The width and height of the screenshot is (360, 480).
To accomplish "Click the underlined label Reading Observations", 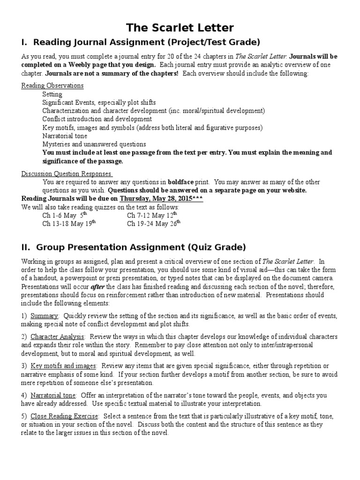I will coord(52,86).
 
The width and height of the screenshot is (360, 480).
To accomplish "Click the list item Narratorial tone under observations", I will coord(64,136).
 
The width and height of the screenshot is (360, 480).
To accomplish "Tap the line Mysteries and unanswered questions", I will coord(94,144).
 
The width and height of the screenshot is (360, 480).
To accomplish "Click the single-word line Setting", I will coord(52,94).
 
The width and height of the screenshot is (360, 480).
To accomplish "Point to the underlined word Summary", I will coord(45,316).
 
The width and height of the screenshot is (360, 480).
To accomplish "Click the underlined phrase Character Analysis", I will coord(58,337).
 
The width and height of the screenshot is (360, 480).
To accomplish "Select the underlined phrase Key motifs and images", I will coord(63,366).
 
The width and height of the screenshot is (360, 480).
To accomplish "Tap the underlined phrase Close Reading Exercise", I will coord(64,416).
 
